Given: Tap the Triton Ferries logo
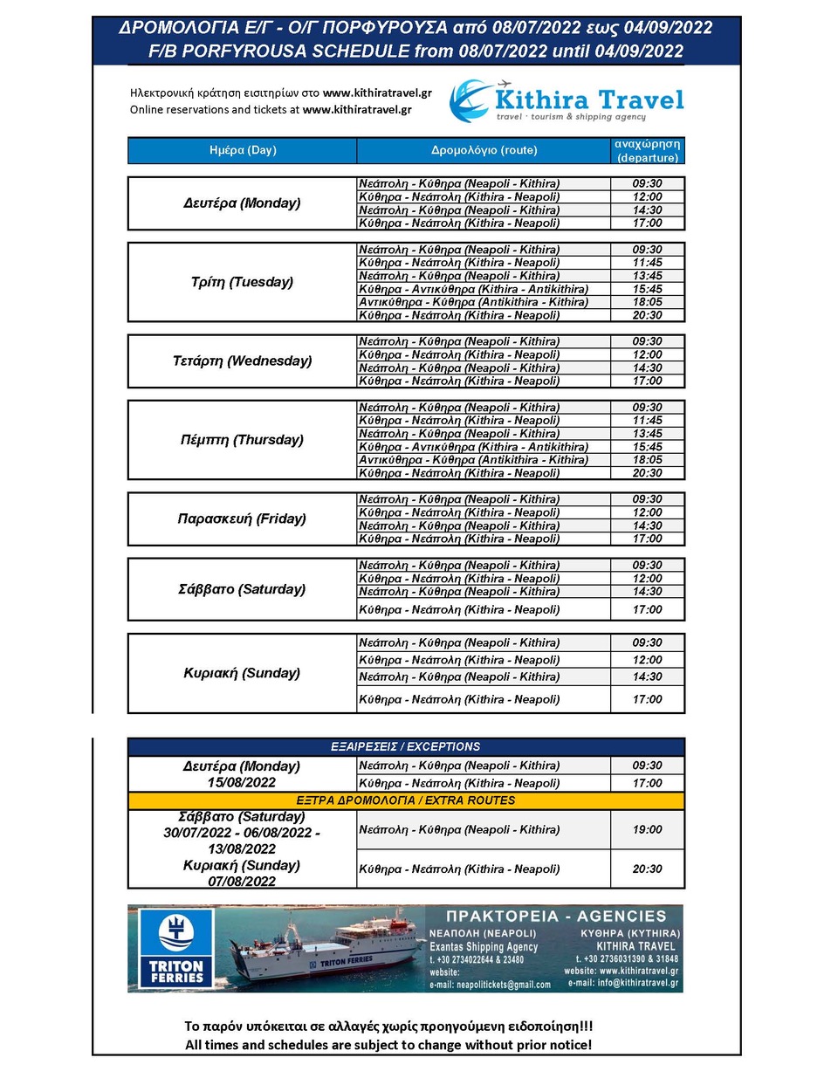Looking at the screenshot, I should (176, 948).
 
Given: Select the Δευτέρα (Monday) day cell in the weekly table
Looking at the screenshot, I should (242, 203).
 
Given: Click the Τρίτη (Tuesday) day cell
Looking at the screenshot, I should (242, 282).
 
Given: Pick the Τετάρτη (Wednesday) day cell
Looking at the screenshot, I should (242, 361).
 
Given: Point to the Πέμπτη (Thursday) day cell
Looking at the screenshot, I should (242, 440).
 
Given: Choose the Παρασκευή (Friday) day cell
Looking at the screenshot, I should (242, 518).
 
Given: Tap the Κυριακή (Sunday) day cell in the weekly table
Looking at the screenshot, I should (242, 673).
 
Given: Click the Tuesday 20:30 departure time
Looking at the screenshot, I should (647, 315).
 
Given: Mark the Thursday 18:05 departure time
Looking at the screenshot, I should (647, 460).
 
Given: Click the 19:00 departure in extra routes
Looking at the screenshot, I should (647, 829).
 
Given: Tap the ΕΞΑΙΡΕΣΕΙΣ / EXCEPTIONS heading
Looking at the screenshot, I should (405, 747).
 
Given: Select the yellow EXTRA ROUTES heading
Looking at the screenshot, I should (405, 800).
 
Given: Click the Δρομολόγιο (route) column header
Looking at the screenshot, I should (484, 150).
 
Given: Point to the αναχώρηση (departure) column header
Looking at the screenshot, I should (647, 150).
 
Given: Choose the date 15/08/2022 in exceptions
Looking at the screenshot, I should (242, 783).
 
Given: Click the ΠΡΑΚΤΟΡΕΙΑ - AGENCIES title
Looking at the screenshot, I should (555, 916).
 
